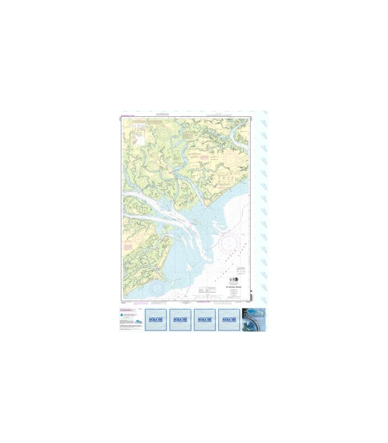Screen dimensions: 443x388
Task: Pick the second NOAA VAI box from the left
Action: click(x=180, y=320)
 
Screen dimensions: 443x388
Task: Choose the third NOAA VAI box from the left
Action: click(x=205, y=320)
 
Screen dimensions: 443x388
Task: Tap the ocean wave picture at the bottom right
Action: click(x=254, y=320)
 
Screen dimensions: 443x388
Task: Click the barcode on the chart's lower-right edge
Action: click(x=251, y=293)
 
